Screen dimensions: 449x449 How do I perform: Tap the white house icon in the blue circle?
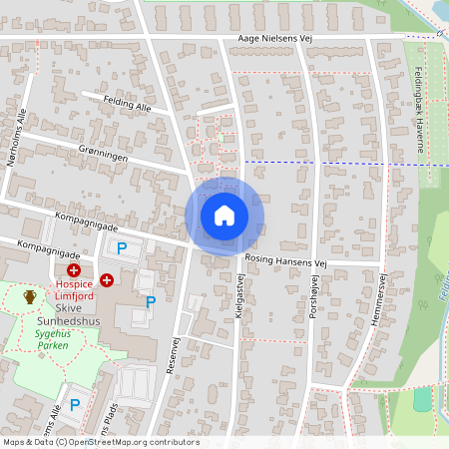224,215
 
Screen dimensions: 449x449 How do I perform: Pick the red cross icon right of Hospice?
106,280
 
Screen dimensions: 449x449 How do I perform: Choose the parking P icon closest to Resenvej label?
151,301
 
